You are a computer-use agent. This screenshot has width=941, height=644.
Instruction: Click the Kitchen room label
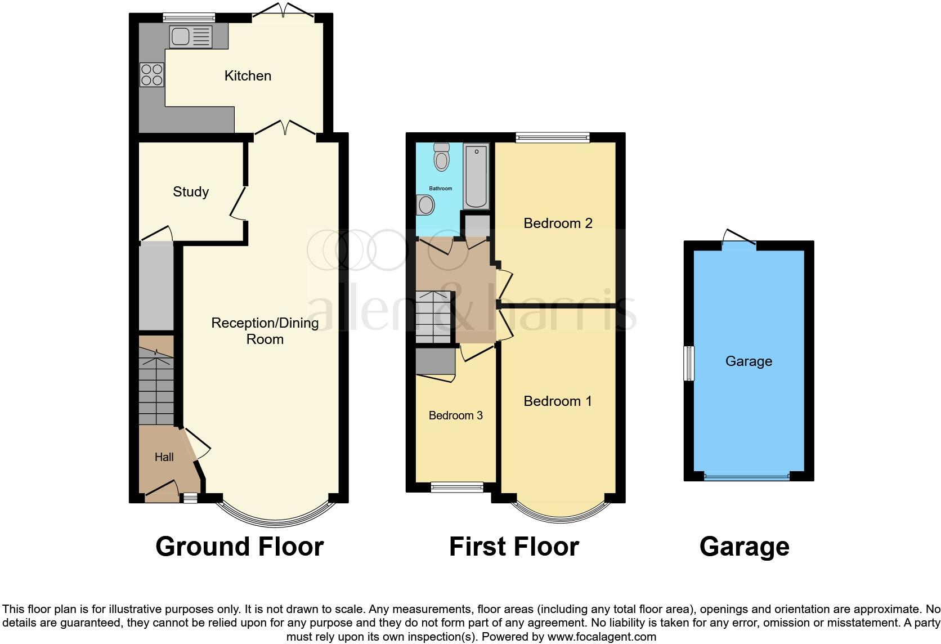coord(248,75)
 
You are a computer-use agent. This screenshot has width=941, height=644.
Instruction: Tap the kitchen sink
coord(191,37)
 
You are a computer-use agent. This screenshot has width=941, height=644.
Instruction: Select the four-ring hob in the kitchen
coord(151,75)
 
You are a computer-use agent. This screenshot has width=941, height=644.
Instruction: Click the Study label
coord(191,191)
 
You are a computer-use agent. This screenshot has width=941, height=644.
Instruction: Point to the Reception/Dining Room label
coord(265,330)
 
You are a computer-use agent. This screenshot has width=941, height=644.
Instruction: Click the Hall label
coord(164,457)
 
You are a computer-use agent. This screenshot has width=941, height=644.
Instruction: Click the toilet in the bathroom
coord(441,156)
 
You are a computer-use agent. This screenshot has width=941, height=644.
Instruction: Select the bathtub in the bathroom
coord(476,176)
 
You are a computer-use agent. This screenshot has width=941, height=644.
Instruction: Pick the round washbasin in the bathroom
coord(425,205)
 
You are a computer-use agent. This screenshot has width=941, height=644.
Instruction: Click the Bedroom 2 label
coord(558,223)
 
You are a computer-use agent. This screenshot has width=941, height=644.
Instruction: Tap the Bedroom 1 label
coord(558,401)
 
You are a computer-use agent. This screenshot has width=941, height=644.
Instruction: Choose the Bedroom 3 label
coord(455,415)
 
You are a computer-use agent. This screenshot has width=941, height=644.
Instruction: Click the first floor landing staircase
coord(433,317)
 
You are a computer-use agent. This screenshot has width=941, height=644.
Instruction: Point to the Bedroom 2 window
coord(553,137)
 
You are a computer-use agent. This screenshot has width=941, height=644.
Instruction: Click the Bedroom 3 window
coord(457,488)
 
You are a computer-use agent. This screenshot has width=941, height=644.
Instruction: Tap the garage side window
coord(689,364)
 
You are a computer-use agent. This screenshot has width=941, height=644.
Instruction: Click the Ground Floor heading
coord(239,547)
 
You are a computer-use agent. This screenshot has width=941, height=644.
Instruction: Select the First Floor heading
coord(514,547)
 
